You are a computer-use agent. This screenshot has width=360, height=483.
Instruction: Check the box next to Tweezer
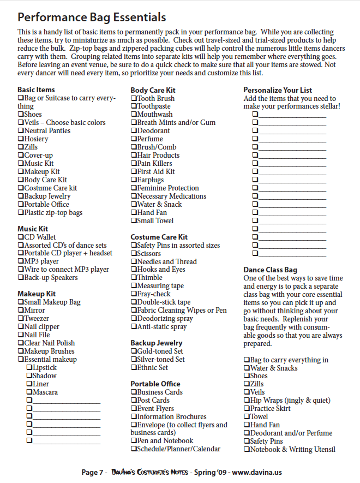pos(21,319)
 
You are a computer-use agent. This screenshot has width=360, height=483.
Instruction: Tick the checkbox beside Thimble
pos(134,278)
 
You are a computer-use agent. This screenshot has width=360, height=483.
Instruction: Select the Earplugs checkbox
pos(134,180)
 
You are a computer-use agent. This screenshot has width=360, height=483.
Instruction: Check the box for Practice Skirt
pos(247,409)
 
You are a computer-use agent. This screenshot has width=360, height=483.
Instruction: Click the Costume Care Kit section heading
pos(159,237)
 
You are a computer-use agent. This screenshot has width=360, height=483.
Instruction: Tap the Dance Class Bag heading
pos(270,270)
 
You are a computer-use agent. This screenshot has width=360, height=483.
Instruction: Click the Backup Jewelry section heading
pos(157,343)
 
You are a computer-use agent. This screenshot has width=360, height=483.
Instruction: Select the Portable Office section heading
pos(155,384)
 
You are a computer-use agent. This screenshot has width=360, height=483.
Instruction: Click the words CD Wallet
pos(40,237)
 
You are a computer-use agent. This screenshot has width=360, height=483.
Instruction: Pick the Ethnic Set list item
pos(152,368)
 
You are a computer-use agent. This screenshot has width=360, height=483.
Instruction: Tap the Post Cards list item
pos(153,401)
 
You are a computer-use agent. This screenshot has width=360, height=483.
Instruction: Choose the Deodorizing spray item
pos(165,319)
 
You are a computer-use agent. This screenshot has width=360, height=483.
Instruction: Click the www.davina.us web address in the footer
pos(257,472)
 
